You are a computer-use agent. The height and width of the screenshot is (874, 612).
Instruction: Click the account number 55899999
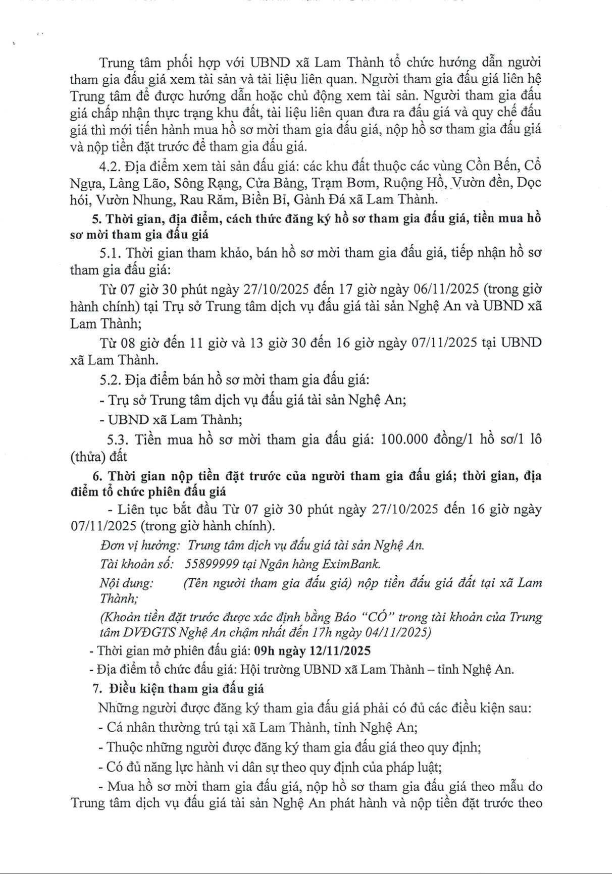tap(209, 564)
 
